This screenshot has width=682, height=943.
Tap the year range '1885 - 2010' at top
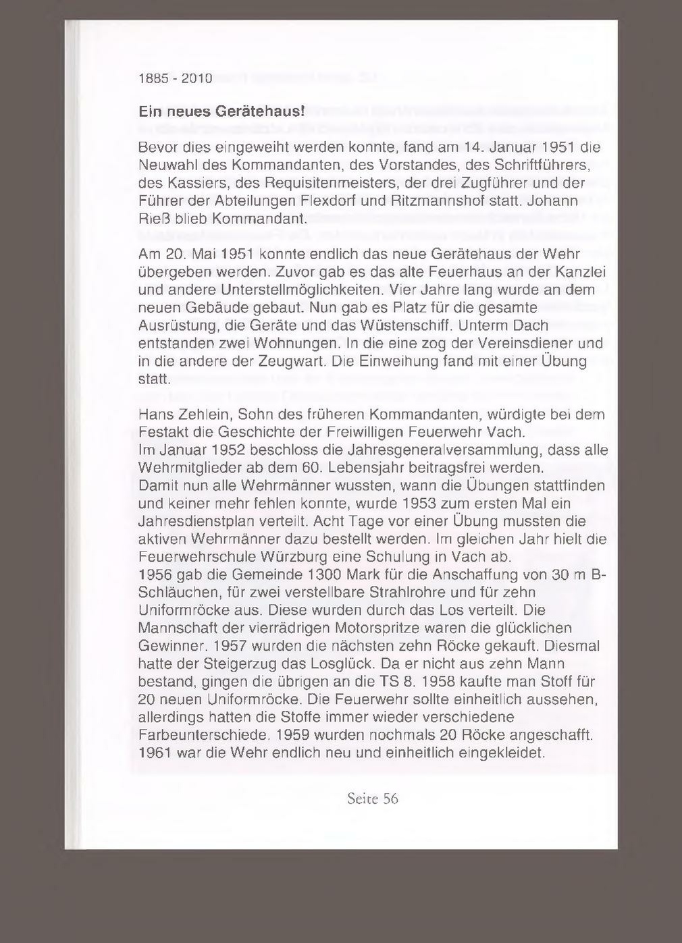[x=175, y=79]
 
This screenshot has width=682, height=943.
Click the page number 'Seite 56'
[x=372, y=799]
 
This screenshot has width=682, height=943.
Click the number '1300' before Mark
[x=324, y=575]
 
